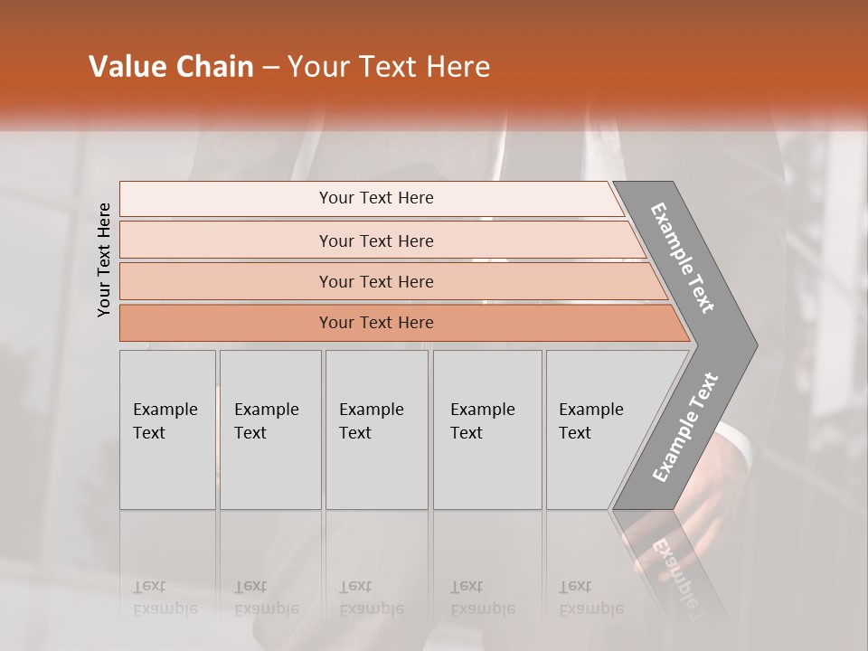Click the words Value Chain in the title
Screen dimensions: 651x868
click(x=171, y=66)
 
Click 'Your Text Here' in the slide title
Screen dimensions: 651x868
click(x=389, y=66)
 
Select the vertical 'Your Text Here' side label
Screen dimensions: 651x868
click(x=104, y=260)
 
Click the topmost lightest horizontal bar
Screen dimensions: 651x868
click(x=376, y=198)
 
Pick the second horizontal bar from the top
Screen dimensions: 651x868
click(x=376, y=241)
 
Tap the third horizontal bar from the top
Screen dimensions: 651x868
click(x=376, y=281)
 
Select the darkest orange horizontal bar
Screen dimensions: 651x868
click(x=376, y=323)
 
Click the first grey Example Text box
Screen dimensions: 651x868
click(x=167, y=429)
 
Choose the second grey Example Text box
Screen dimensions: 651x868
click(x=269, y=429)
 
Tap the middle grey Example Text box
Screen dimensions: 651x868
click(x=375, y=429)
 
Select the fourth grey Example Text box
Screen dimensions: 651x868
click(x=486, y=429)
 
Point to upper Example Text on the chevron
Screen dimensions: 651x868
click(x=684, y=258)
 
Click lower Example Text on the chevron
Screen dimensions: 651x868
click(x=685, y=427)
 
